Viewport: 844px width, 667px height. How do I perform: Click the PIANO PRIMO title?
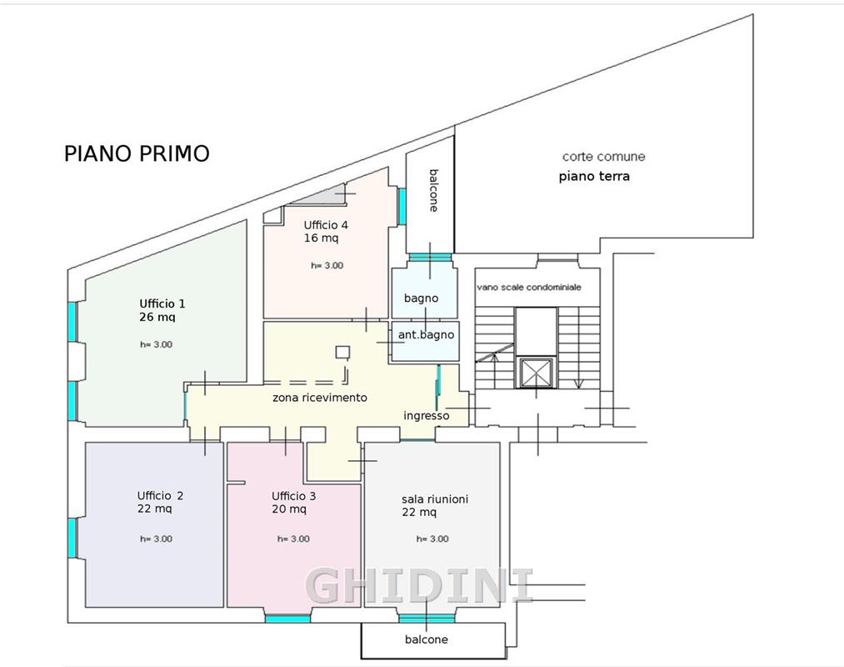click(x=137, y=153)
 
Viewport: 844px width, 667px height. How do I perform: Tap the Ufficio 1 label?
click(x=162, y=303)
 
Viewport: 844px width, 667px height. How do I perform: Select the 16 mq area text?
click(x=322, y=238)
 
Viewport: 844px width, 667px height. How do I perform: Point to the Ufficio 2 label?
click(x=161, y=496)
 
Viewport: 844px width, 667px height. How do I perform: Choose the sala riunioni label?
click(x=435, y=499)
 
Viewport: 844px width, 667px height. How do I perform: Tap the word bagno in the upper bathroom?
click(x=421, y=298)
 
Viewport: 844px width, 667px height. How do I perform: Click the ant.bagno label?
click(x=426, y=335)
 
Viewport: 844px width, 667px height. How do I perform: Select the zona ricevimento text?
click(x=320, y=398)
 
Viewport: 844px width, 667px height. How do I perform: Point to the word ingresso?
click(x=427, y=416)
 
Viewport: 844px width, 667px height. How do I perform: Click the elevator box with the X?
click(x=536, y=373)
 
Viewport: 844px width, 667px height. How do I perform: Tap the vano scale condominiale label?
click(x=529, y=287)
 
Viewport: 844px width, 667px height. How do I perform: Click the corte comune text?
click(x=603, y=157)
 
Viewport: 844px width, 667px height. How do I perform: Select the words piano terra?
click(x=594, y=176)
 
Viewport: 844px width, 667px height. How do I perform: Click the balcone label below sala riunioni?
click(x=427, y=639)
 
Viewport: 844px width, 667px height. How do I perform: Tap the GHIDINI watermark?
click(x=420, y=585)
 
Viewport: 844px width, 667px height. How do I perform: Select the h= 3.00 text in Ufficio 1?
click(x=156, y=345)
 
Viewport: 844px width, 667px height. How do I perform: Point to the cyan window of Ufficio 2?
click(x=72, y=538)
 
